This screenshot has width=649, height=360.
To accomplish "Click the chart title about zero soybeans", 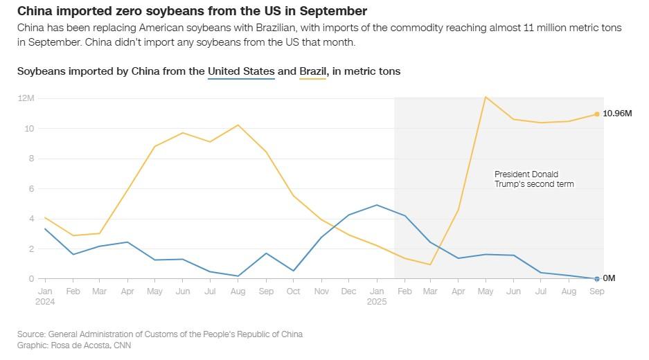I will [x=192, y=11].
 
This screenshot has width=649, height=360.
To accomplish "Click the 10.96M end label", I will [x=617, y=114].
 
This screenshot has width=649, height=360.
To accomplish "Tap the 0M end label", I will [x=609, y=278].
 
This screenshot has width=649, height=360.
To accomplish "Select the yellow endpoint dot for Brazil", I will [x=596, y=114].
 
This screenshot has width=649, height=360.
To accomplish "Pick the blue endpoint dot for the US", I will [x=596, y=279].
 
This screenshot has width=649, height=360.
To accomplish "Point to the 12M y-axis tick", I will [x=26, y=98].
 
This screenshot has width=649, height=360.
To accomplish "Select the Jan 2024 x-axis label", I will [x=45, y=296].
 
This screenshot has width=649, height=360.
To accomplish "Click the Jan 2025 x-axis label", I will [x=376, y=296].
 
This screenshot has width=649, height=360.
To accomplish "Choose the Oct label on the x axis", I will [x=293, y=291].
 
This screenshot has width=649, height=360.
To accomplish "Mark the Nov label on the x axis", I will [x=321, y=291].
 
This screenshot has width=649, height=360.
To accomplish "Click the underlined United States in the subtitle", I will [x=241, y=71].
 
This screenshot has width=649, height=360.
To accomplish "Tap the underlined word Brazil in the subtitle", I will [x=312, y=71].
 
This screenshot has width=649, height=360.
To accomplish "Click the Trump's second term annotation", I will [x=534, y=179].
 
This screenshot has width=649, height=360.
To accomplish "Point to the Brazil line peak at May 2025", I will [x=486, y=97].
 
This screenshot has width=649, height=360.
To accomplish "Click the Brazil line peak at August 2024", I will [x=238, y=125].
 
